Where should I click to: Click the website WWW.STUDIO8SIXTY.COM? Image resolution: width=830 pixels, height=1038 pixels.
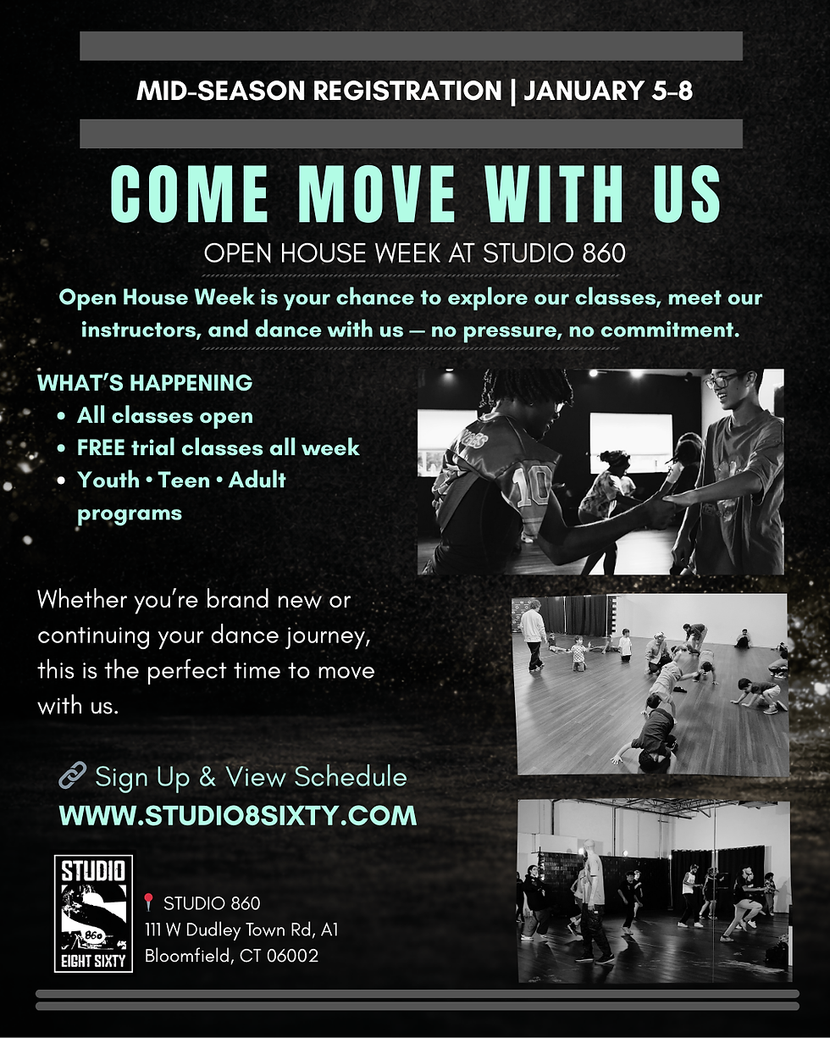[237, 815]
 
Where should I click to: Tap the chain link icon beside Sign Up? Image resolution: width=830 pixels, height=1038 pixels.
[72, 774]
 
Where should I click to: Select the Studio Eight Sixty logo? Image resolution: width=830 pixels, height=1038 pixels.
[93, 912]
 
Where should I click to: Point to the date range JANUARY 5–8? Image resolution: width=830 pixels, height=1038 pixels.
[608, 91]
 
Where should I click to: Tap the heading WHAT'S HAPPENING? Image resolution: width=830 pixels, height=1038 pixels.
[145, 383]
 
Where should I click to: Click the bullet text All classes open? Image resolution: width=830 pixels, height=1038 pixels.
[165, 415]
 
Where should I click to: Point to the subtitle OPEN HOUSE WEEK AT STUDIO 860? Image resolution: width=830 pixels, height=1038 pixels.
[414, 253]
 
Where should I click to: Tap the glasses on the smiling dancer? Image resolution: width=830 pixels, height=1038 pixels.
[721, 381]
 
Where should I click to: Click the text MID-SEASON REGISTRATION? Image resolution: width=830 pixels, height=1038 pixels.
[318, 91]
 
